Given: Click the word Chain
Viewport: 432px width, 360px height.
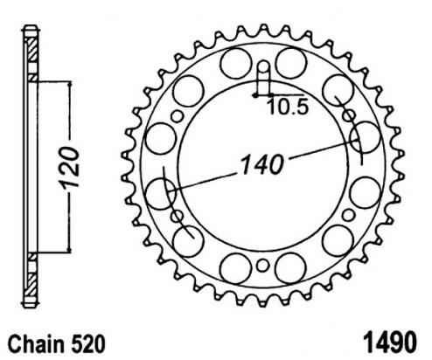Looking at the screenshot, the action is [36, 344].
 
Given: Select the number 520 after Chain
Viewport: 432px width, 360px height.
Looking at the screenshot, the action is [87, 344].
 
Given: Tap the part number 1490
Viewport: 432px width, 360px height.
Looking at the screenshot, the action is [390, 343].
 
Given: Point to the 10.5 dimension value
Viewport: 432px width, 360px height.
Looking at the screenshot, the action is [288, 107].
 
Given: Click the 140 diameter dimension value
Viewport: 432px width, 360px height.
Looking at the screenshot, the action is [262, 164].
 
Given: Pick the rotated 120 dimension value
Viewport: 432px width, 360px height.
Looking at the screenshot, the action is [69, 167].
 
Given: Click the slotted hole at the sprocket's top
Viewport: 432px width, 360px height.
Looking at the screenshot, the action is [263, 78].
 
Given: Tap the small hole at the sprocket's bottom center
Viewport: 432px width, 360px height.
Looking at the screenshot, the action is [262, 266].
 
